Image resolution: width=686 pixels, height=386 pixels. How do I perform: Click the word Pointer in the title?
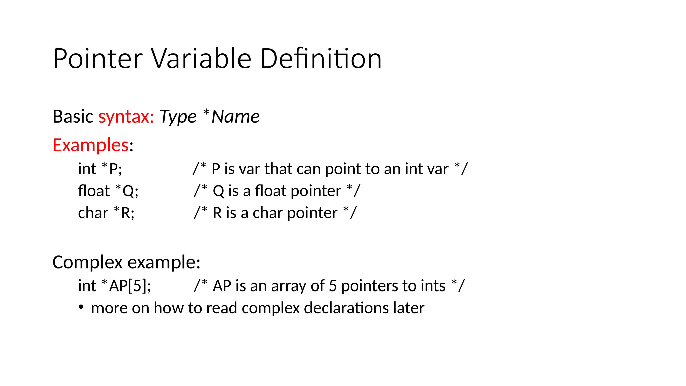click(98, 59)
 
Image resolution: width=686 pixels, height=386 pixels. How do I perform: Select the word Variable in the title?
click(201, 59)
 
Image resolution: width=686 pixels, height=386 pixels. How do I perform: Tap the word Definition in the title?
click(321, 59)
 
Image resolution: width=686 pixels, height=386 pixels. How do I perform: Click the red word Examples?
click(90, 145)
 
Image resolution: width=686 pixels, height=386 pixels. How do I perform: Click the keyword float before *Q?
click(93, 191)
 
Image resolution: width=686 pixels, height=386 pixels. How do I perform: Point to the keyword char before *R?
click(93, 213)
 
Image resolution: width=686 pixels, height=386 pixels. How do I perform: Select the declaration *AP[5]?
click(126, 286)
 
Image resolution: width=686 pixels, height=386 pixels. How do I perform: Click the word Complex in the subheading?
click(87, 262)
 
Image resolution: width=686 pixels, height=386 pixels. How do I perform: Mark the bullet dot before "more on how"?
click(81, 307)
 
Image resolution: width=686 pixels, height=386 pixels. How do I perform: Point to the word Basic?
click(73, 117)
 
